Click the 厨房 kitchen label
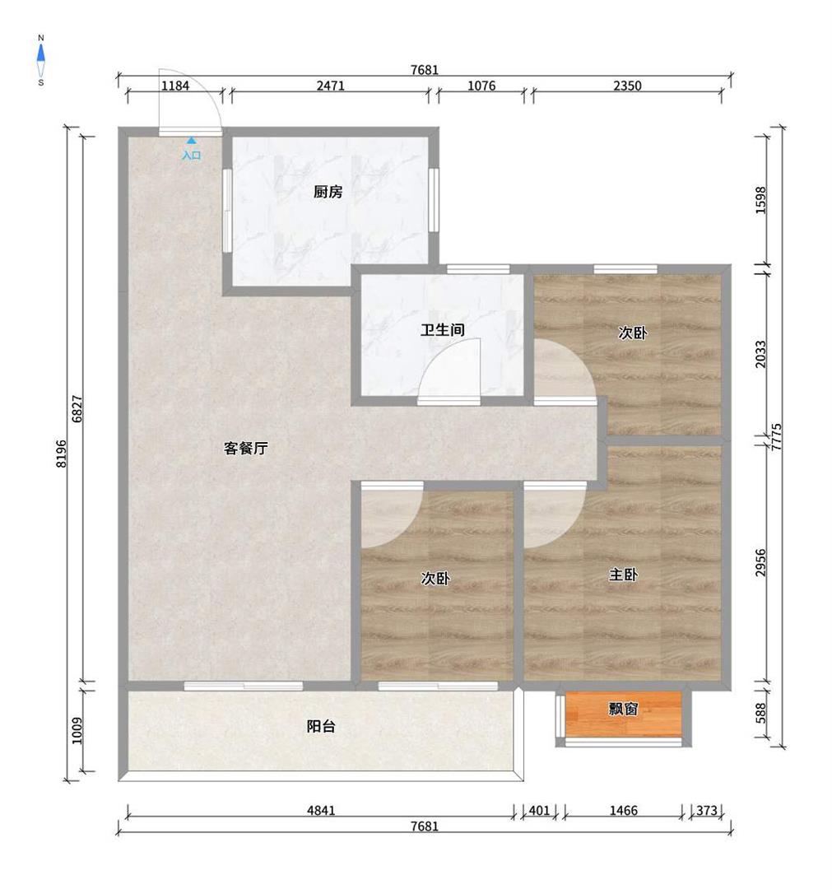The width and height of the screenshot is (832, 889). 328,192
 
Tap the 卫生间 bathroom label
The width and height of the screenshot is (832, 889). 443,329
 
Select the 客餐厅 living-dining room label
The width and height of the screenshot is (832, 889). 246,449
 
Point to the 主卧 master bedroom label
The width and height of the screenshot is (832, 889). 624,575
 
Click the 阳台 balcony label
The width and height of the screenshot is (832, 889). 321,726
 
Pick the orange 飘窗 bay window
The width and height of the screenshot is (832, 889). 624,714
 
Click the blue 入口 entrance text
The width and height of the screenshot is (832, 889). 192,155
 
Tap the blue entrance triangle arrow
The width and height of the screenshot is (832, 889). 192,139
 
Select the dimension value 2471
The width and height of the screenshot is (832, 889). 331,86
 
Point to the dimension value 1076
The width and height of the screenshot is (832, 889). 481,86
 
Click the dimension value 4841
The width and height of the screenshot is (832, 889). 321,810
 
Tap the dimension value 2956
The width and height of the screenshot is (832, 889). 760,562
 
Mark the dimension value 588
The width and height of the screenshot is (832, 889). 760,713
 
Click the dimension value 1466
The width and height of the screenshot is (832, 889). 624,810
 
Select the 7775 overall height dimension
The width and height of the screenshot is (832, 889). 777,436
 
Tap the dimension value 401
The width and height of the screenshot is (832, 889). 539,810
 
